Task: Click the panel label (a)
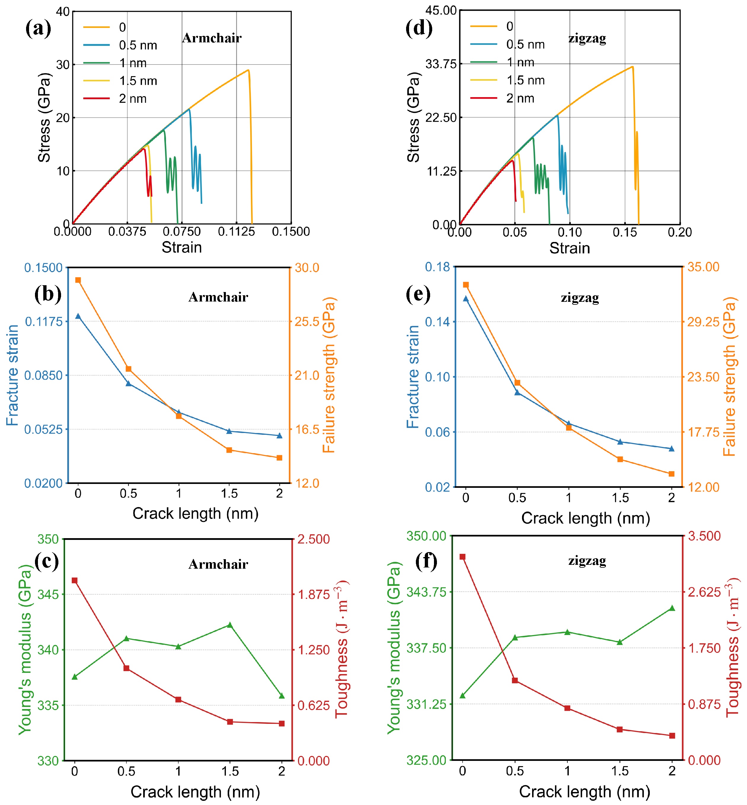[x=39, y=29]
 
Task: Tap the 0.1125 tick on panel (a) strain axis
[x=236, y=231]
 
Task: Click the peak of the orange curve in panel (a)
[x=248, y=70]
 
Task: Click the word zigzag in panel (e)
[x=580, y=298]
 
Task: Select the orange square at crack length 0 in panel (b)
[x=78, y=280]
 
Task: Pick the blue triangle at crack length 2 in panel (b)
[x=279, y=435]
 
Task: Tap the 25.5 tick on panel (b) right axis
[x=307, y=322]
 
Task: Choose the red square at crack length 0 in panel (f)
[x=462, y=557]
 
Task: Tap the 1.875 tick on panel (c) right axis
[x=314, y=594]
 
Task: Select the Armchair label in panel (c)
[x=218, y=564]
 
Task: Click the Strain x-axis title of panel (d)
[x=569, y=248]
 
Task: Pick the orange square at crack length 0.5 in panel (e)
[x=517, y=382]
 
